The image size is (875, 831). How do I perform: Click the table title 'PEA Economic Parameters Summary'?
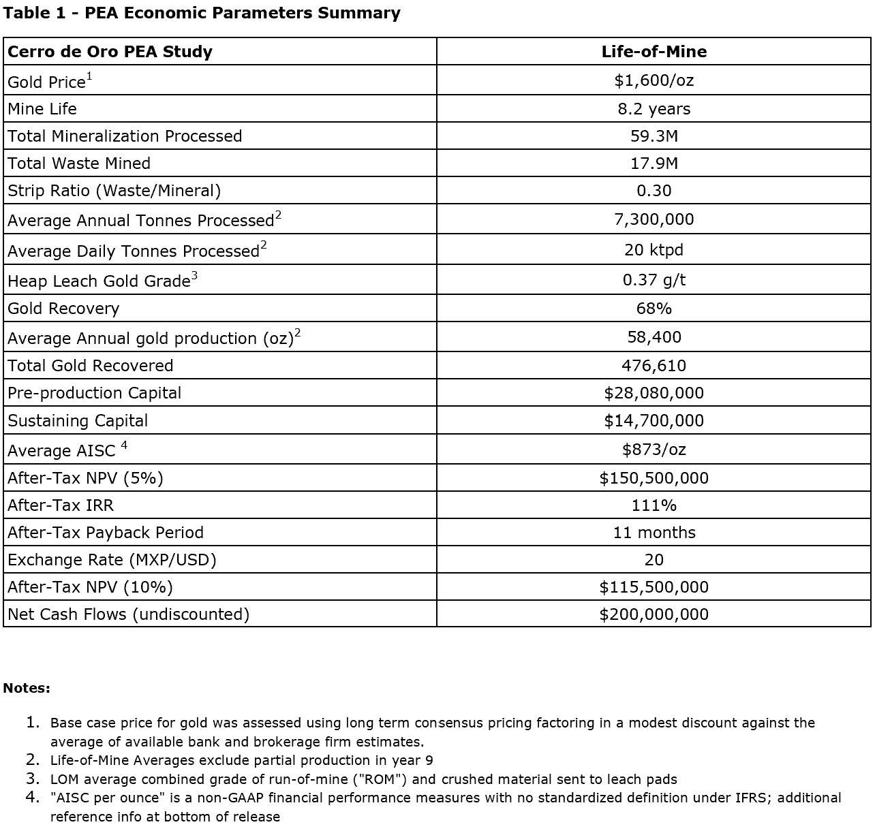coord(242,13)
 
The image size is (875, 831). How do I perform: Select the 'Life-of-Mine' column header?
coord(654,52)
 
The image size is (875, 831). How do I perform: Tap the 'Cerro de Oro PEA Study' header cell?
coord(110,52)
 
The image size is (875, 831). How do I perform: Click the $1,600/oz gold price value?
coord(654,80)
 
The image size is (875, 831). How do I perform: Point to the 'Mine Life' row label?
coord(42,109)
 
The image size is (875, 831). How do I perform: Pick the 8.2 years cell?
coord(654,109)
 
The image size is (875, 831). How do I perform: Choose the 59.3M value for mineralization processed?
coord(654,136)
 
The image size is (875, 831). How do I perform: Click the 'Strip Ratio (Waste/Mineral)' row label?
coord(114,191)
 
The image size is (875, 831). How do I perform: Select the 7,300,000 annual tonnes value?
coord(654,219)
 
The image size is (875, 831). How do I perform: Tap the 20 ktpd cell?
coord(654,250)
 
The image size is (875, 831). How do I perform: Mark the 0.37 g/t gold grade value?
coord(654,280)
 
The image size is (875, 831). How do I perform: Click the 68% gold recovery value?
coord(654,309)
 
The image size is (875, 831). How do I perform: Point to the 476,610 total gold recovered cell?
coord(654,366)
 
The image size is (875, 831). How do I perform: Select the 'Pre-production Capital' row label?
coord(95,393)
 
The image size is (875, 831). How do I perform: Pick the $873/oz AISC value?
coord(654,450)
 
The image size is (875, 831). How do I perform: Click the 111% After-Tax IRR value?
coord(654,505)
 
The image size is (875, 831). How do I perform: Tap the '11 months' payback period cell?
coord(654,533)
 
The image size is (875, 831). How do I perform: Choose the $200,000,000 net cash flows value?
coord(654,614)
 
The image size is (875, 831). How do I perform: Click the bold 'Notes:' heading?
coord(27,688)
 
